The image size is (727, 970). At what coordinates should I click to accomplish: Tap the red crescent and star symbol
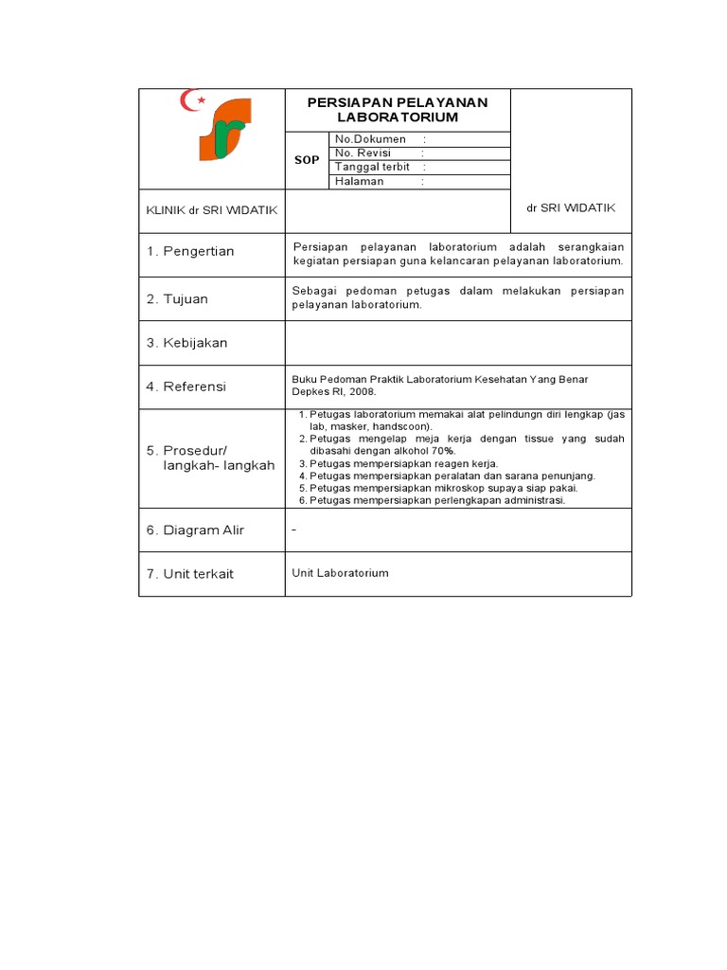193,100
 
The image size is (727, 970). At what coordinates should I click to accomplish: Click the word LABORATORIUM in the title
398,117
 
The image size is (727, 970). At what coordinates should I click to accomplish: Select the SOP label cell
307,160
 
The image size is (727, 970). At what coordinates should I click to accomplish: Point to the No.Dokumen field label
370,139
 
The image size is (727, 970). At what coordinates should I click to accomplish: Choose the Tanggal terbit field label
372,167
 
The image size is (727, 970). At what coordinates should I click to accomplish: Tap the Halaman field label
359,181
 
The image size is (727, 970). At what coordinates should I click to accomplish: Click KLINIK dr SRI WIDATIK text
211,210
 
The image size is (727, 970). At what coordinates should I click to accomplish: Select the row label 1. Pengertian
190,251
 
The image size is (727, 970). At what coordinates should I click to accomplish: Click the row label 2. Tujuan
177,298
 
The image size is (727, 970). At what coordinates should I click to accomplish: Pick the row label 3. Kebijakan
186,343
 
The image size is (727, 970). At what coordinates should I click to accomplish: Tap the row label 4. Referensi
186,386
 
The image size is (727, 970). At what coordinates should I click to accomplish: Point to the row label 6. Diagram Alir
195,530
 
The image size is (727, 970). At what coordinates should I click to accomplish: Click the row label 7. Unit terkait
189,574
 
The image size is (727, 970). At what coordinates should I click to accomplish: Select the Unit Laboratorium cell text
341,573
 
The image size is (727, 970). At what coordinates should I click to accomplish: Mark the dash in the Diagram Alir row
294,530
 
